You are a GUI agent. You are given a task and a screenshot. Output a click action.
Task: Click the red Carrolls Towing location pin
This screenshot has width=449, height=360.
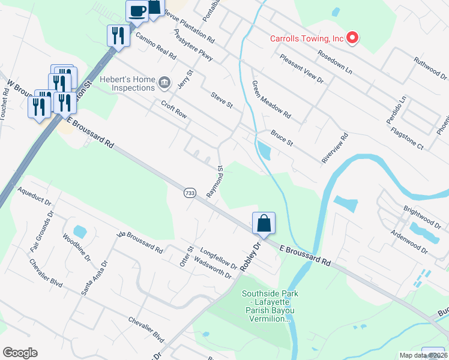(353, 39)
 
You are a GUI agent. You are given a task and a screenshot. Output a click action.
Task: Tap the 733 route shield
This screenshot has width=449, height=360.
(189, 193)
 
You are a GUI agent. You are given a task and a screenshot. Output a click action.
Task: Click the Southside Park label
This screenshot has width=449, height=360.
(270, 306)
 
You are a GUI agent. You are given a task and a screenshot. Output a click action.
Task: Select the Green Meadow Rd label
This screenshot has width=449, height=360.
(271, 99)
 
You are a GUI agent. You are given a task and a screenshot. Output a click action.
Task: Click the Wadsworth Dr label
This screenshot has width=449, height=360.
(212, 267)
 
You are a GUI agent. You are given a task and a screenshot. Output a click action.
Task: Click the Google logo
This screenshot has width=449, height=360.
(20, 353)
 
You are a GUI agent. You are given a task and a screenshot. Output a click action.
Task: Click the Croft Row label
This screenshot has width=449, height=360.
(174, 108)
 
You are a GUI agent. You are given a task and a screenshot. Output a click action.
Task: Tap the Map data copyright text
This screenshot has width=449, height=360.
(423, 355)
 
